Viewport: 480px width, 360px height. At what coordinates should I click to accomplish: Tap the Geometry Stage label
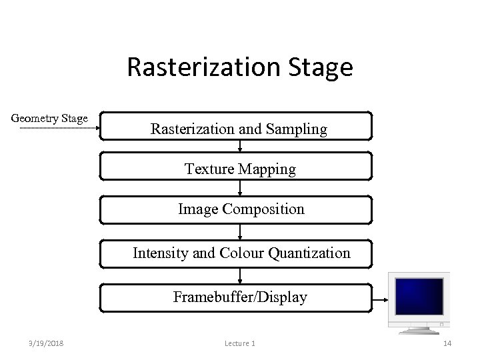coord(49,119)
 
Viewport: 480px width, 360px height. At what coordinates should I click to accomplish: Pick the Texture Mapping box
coord(240,169)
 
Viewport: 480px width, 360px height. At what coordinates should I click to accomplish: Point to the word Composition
coord(263,209)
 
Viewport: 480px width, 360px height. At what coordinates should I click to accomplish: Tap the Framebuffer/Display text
coord(240,297)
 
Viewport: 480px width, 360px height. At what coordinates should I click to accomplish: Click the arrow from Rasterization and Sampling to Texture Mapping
coord(240,147)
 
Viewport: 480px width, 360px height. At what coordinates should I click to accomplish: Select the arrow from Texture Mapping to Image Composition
coord(240,189)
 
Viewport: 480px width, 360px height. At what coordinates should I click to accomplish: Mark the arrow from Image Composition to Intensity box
coord(240,233)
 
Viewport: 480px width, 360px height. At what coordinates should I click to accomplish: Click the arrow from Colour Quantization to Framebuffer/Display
coord(240,276)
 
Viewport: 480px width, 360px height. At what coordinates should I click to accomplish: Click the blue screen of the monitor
coord(419,299)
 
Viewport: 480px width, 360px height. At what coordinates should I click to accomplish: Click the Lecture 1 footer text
coord(239,343)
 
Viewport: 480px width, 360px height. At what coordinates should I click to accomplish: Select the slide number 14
coord(447,343)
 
